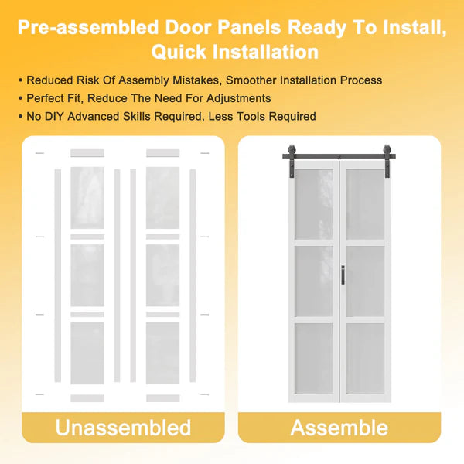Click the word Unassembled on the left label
[123, 428]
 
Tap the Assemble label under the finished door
[339, 428]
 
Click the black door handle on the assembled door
[343, 275]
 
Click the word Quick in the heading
[179, 52]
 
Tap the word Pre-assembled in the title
[88, 27]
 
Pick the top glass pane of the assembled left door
[313, 204]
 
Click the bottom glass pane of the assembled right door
[366, 358]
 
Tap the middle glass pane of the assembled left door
[313, 281]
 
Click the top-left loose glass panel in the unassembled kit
[87, 198]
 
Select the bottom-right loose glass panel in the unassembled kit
[162, 353]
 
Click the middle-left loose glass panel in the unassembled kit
[87, 275]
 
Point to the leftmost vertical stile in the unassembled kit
[58, 275]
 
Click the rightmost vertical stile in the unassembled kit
[193, 275]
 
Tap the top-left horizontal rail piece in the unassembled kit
[87, 153]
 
